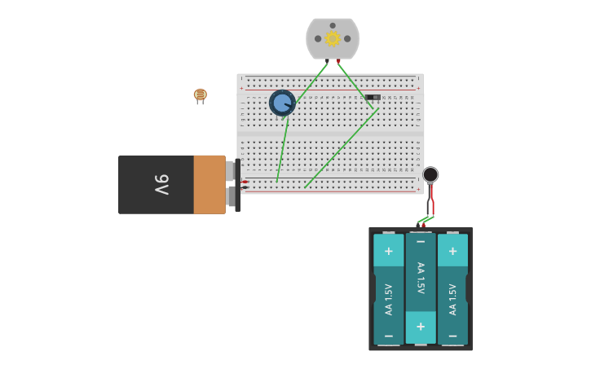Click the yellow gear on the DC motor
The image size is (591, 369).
point(333,38)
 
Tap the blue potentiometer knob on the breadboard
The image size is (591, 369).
point(282,103)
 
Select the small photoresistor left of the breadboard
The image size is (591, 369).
point(200,94)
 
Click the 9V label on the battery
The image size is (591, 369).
point(161,185)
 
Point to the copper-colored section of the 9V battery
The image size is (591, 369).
point(209,185)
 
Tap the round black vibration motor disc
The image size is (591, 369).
point(430,174)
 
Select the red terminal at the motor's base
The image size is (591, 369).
point(338,61)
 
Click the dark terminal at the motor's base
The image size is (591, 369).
point(328,61)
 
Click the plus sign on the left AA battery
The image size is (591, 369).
point(388,251)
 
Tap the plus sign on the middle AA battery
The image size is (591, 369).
point(421,327)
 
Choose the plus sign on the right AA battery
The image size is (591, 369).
point(452,251)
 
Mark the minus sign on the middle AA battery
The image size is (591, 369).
point(421,242)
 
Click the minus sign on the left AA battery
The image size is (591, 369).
point(388,336)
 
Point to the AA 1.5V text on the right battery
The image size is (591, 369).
point(452,299)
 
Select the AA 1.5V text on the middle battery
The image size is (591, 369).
point(421,279)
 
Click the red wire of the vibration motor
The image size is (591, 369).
point(433,200)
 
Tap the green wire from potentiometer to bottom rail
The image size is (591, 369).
point(281,151)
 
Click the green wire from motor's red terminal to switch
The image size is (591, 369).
point(355,85)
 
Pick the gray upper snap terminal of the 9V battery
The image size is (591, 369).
point(231,170)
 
